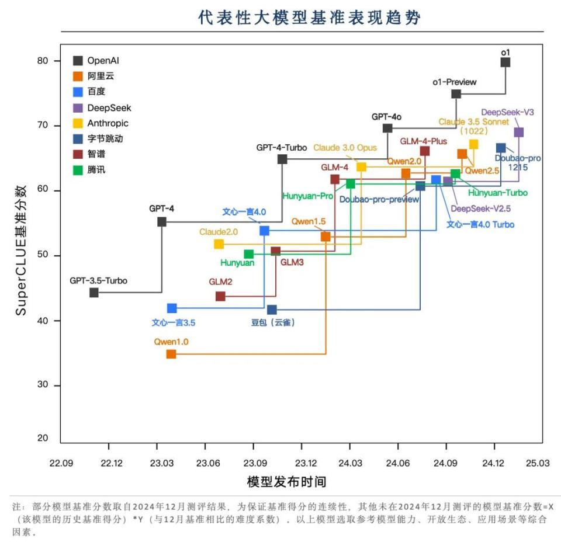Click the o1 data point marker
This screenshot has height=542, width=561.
pyautogui.click(x=505, y=62)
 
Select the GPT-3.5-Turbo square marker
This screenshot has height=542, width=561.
pyautogui.click(x=94, y=293)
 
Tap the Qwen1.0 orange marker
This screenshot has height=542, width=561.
pyautogui.click(x=171, y=354)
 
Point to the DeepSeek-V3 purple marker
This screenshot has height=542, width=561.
pyautogui.click(x=518, y=133)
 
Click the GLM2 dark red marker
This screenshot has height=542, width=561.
pyautogui.click(x=220, y=296)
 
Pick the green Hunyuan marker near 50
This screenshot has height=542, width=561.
pyautogui.click(x=248, y=254)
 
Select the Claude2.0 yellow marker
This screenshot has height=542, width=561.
pyautogui.click(x=219, y=244)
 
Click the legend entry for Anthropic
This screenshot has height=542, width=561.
pyautogui.click(x=108, y=123)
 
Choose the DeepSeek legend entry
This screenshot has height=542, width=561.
pyautogui.click(x=109, y=107)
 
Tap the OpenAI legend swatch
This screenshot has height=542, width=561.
pyautogui.click(x=78, y=60)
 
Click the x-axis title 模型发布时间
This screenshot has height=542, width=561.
pyautogui.click(x=286, y=482)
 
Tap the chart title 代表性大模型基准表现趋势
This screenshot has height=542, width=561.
pyautogui.click(x=310, y=18)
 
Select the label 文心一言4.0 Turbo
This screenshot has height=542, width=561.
pyautogui.click(x=480, y=224)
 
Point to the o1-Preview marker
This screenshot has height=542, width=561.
pyautogui.click(x=456, y=94)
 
